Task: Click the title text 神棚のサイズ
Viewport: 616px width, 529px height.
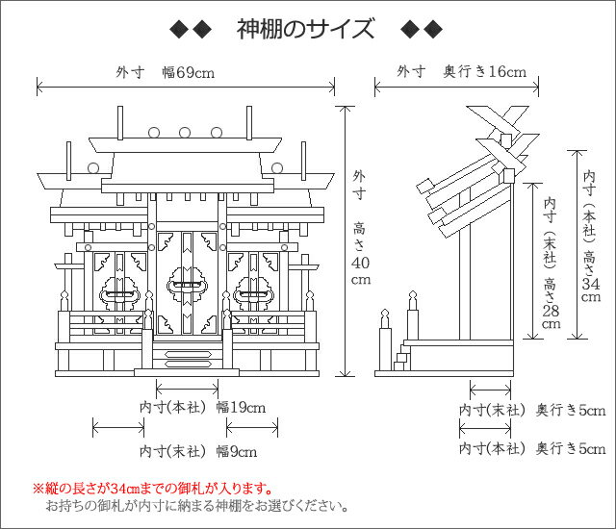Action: point(305,29)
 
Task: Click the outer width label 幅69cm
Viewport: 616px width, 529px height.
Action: point(189,72)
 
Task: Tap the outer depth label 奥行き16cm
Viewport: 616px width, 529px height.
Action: point(485,72)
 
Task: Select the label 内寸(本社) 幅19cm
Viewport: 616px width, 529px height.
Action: point(203,408)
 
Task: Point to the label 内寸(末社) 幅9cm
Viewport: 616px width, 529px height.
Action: point(198,452)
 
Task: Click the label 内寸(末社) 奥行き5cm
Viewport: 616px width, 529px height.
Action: point(532,411)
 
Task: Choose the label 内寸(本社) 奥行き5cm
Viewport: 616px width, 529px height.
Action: point(532,448)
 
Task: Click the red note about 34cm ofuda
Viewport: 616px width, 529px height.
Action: point(152,489)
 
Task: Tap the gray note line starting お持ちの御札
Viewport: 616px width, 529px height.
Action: point(196,506)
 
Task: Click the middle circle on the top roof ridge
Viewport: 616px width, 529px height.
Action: point(185,133)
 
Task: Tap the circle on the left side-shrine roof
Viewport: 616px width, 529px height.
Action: point(93,168)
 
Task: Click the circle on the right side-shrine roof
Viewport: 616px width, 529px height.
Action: point(277,168)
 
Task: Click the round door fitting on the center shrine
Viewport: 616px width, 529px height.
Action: point(187,286)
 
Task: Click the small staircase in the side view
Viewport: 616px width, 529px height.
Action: point(402,357)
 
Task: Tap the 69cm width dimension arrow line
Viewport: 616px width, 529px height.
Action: point(186,87)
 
